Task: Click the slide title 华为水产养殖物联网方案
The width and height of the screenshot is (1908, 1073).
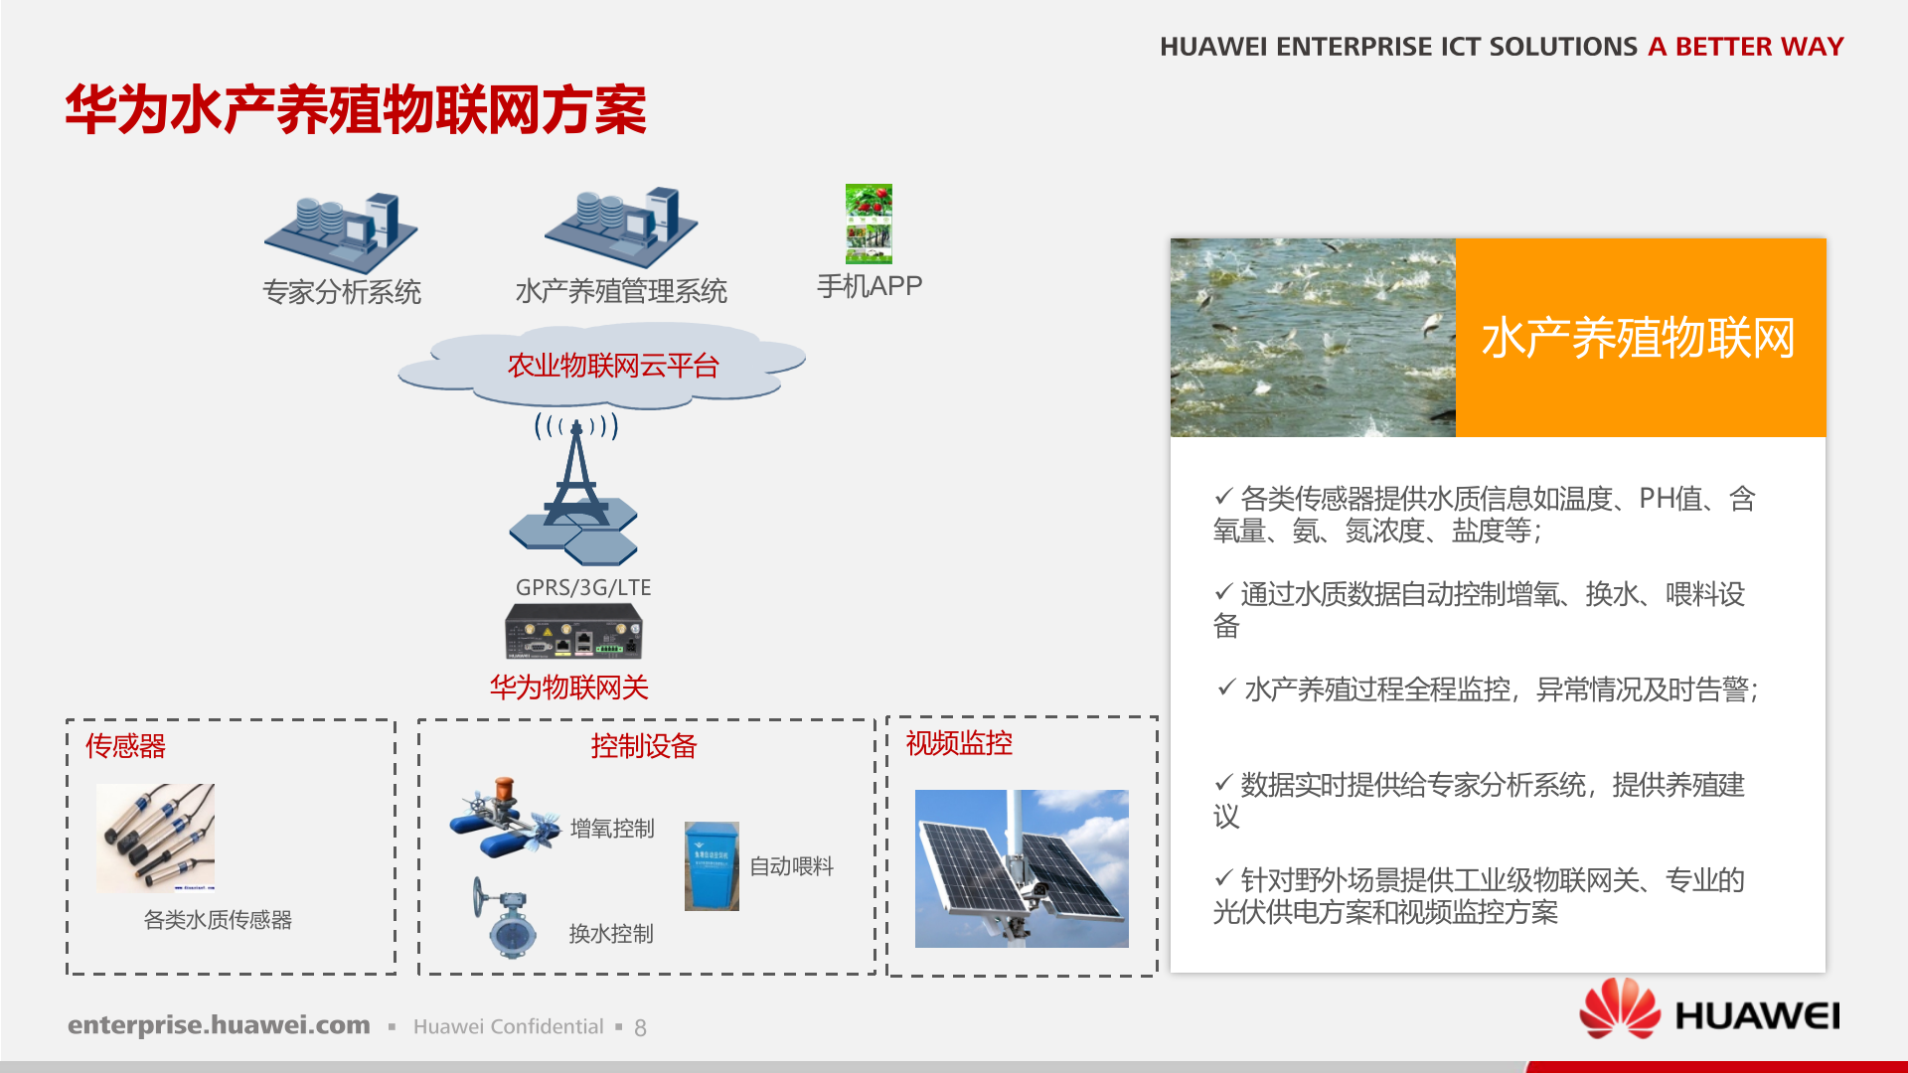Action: (356, 109)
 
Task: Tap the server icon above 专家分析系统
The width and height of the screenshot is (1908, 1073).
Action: (341, 231)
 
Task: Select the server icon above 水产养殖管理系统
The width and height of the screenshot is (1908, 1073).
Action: (621, 228)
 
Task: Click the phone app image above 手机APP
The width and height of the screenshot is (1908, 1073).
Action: (869, 224)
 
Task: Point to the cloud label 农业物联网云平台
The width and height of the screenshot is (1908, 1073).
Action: (612, 366)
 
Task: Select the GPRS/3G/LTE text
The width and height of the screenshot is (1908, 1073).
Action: (583, 587)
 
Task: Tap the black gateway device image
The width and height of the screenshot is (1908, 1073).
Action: (573, 632)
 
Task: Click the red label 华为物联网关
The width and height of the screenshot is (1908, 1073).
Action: (568, 688)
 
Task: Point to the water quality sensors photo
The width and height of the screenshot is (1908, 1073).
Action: (156, 838)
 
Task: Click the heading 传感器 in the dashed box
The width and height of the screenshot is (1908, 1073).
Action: (125, 746)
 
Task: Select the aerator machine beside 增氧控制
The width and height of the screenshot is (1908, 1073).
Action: (503, 817)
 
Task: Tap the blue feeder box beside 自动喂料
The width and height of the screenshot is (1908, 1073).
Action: (712, 865)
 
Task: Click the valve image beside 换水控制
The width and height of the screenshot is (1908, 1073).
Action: (504, 918)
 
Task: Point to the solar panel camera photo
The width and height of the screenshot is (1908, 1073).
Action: (1022, 868)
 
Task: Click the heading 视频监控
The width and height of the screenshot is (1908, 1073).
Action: (959, 743)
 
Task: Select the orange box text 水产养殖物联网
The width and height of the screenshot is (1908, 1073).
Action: (1639, 338)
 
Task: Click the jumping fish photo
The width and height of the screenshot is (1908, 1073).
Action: (1313, 338)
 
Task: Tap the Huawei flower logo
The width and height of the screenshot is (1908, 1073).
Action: (1620, 1008)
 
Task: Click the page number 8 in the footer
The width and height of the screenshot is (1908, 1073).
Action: (640, 1028)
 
